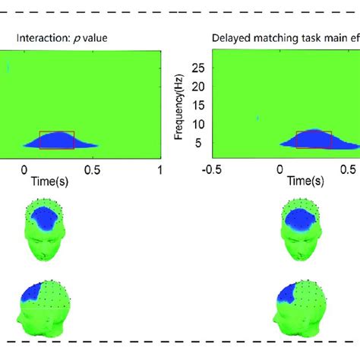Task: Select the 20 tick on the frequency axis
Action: pos(200,87)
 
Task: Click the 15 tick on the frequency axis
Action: pos(200,106)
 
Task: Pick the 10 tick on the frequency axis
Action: pos(200,124)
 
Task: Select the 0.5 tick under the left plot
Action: pos(92,169)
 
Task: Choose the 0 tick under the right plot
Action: pos(281,169)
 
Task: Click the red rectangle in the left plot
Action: pos(57,139)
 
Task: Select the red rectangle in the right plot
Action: pos(314,139)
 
